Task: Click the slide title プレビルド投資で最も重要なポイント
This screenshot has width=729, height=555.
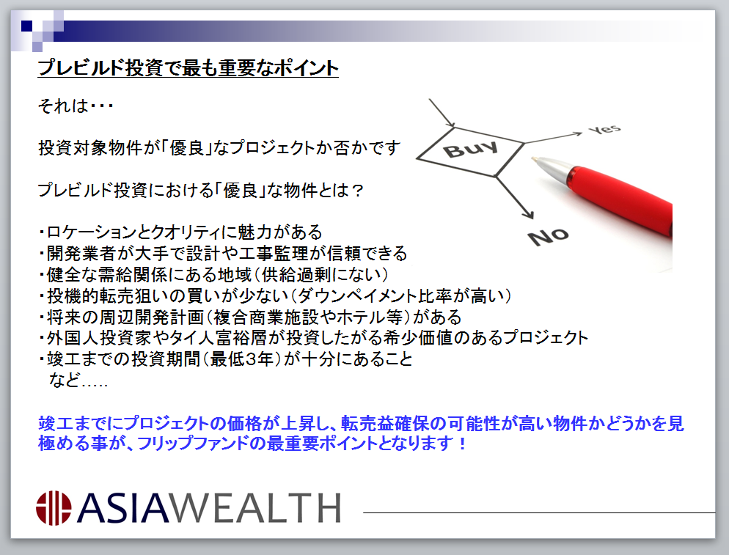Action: pyautogui.click(x=188, y=68)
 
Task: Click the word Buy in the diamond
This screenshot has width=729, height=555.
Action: pyautogui.click(x=471, y=149)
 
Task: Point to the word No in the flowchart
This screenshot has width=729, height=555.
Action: pyautogui.click(x=549, y=237)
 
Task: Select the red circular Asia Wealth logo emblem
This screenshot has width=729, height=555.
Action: pyautogui.click(x=54, y=508)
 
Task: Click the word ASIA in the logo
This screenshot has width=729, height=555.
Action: pyautogui.click(x=122, y=508)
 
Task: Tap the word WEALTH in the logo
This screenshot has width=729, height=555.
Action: pyautogui.click(x=255, y=508)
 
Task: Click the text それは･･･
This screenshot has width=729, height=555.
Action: pyautogui.click(x=76, y=106)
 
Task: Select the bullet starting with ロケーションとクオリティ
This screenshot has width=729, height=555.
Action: pyautogui.click(x=180, y=232)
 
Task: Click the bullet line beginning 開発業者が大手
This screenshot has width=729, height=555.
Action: pyautogui.click(x=223, y=254)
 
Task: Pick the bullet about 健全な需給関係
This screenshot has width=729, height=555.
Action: pyautogui.click(x=213, y=275)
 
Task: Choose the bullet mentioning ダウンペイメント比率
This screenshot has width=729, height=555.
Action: pyautogui.click(x=275, y=295)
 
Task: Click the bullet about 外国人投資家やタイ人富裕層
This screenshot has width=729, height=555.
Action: pyautogui.click(x=313, y=338)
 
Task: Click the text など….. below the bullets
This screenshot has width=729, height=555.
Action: pyautogui.click(x=78, y=381)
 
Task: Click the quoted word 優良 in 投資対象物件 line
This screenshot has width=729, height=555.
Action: pyautogui.click(x=187, y=148)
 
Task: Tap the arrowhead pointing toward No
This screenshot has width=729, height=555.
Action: pyautogui.click(x=528, y=213)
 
